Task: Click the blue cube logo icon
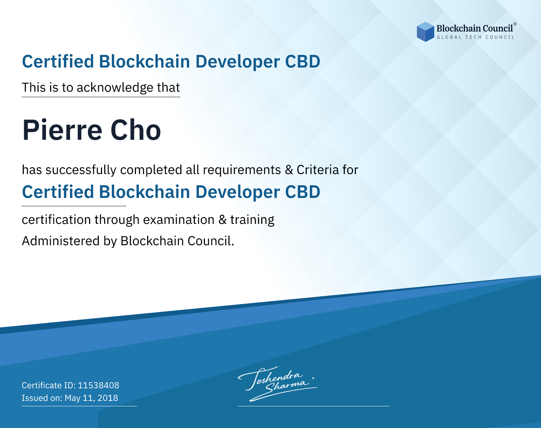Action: [425, 32]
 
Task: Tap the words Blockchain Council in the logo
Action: [475, 29]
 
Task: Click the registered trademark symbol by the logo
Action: [515, 24]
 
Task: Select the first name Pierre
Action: [62, 130]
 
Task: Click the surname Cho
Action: [136, 130]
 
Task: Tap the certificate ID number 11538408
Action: [98, 385]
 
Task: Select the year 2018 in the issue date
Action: [107, 398]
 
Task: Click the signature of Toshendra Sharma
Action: [278, 384]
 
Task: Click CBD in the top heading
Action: [303, 61]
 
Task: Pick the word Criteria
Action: [317, 170]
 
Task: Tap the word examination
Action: [179, 220]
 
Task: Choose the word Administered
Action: [61, 241]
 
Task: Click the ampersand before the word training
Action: [223, 220]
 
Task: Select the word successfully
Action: [81, 170]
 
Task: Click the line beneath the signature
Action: [313, 406]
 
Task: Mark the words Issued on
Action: [41, 398]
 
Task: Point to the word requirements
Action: [242, 170]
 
